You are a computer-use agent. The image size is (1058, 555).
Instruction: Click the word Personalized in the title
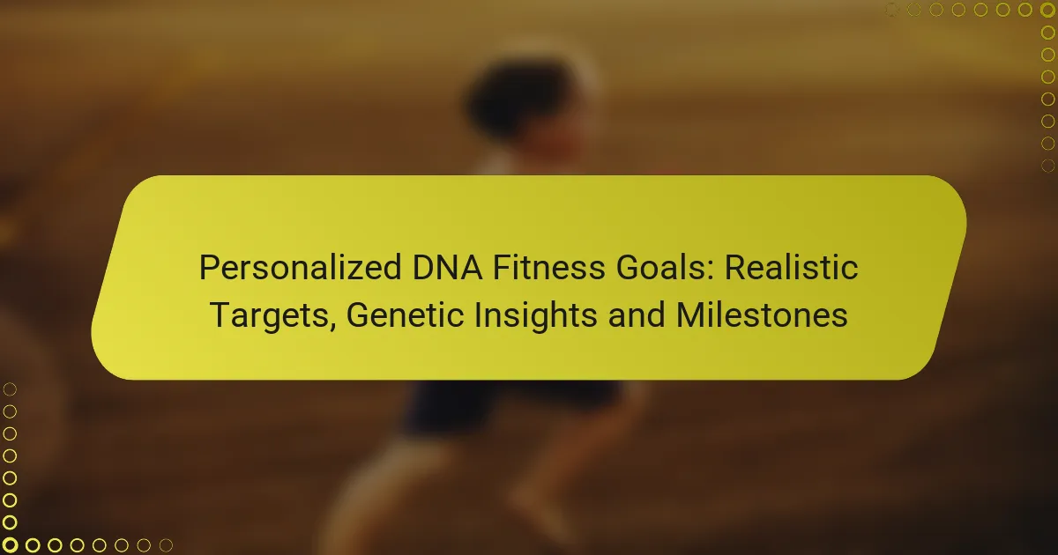coord(301,268)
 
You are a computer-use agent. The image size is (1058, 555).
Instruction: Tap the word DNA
coord(447,267)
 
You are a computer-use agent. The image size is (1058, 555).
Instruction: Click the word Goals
coord(659,267)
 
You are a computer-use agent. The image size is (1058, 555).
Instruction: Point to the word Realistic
coord(791,267)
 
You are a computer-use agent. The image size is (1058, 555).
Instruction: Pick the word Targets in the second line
coord(269,315)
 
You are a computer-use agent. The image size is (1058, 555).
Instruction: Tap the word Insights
coord(536,315)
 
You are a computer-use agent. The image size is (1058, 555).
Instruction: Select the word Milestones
coord(762,314)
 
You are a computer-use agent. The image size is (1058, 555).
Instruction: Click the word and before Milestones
coord(637,314)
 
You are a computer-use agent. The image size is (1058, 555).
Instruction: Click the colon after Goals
coord(709,271)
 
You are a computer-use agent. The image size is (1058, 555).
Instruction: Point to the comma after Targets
coord(332,326)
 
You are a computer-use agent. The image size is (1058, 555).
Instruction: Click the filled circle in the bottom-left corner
coord(10,544)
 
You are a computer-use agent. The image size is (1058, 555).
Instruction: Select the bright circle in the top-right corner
coord(1047,10)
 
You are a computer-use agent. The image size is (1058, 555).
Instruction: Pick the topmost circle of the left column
coord(10,389)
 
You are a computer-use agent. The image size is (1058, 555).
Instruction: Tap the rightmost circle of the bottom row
coord(166,545)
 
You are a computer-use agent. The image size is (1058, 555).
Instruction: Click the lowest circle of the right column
coord(1047,166)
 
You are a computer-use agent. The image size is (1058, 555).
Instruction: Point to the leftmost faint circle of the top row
coord(891,10)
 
